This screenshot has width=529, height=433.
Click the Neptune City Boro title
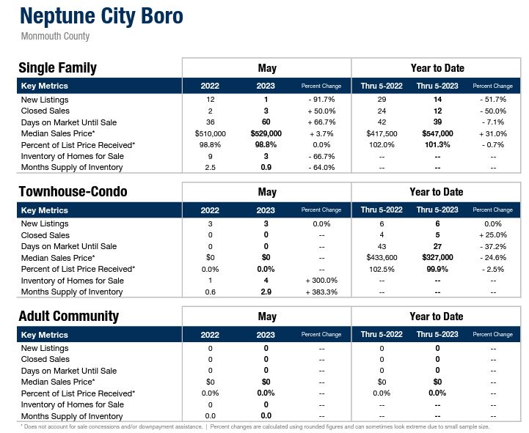[x=101, y=16]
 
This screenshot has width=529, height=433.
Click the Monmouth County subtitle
[x=56, y=36]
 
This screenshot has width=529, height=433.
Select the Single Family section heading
[x=57, y=68]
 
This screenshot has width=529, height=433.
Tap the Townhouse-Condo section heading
[x=73, y=192]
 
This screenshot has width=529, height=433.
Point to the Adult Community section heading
[x=68, y=317]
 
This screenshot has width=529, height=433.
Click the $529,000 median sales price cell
[x=266, y=133]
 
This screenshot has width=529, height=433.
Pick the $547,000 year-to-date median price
[x=437, y=133]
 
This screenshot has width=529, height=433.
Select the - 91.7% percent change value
[x=321, y=99]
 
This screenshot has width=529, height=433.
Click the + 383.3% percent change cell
[x=321, y=292]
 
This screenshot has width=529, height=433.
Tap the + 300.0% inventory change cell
[x=321, y=281]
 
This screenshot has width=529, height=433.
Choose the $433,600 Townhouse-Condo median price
[x=382, y=258]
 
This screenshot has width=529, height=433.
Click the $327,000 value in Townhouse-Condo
[x=437, y=258]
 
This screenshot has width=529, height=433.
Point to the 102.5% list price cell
[x=382, y=269]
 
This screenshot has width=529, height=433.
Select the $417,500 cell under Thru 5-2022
[x=382, y=133]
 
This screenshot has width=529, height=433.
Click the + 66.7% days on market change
[x=321, y=122]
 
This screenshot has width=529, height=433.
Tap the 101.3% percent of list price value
[x=437, y=145]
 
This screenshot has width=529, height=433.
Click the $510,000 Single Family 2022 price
[x=211, y=133]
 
